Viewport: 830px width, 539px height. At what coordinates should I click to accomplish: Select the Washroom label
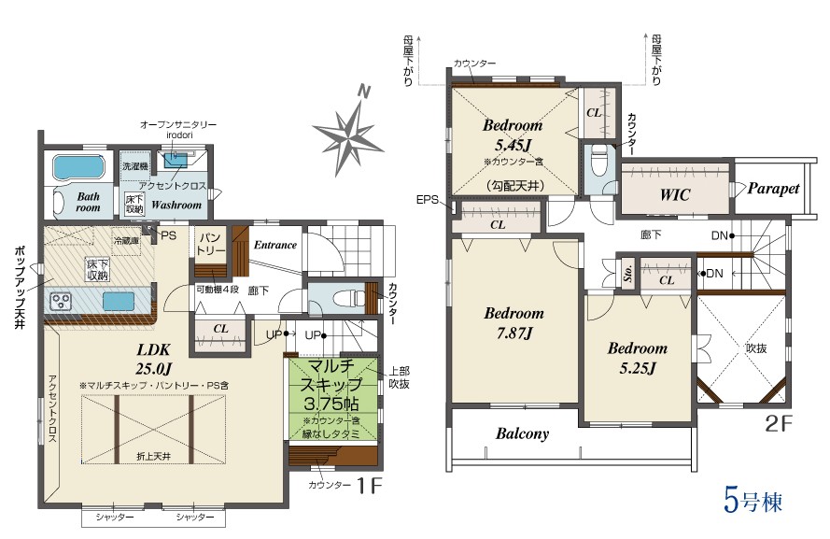tap(176, 205)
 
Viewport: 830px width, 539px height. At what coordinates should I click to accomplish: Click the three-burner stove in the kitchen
tap(61, 302)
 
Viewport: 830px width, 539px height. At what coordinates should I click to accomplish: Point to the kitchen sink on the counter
tap(119, 302)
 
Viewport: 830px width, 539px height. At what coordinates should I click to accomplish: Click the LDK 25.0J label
tap(154, 358)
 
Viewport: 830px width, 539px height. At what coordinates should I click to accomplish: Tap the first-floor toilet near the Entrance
tap(349, 299)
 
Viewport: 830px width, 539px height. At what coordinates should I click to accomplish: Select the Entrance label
tap(274, 245)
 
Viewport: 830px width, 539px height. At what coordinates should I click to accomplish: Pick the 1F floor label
tap(369, 485)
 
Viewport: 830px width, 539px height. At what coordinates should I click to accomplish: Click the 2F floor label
tap(778, 423)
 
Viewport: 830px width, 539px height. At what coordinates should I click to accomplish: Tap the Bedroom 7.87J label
tap(513, 322)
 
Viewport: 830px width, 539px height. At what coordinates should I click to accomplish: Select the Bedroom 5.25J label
tap(638, 358)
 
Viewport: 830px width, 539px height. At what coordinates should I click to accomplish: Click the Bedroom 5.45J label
tap(513, 135)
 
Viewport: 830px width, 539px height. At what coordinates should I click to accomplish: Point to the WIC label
tap(675, 195)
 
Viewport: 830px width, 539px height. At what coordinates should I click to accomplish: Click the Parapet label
tap(773, 189)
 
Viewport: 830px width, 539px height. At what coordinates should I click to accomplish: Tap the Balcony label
tap(522, 433)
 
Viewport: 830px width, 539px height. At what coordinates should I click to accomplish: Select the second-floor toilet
tap(598, 161)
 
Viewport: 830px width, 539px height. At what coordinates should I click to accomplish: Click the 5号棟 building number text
tap(753, 501)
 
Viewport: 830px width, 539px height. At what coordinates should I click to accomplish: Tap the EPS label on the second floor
tap(428, 200)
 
